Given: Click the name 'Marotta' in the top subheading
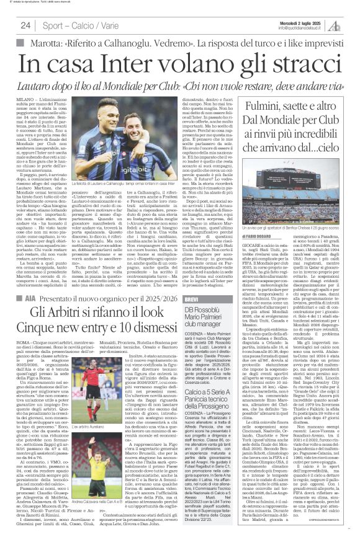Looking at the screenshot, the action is click(42, 43).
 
